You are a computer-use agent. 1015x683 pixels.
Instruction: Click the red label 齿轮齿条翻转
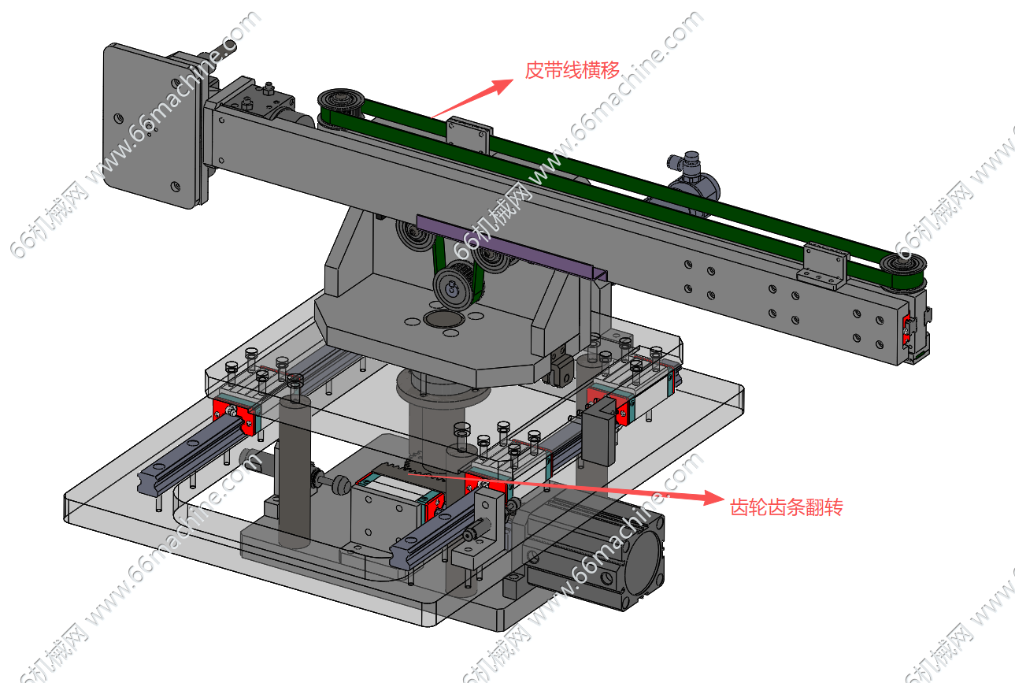click(787, 508)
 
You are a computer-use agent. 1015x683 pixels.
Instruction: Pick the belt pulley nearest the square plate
click(339, 106)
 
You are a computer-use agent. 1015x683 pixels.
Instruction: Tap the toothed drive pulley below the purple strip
click(453, 288)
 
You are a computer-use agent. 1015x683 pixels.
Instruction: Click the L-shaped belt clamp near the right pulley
click(822, 263)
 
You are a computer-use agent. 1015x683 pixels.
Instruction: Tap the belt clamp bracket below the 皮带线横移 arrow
click(468, 135)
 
